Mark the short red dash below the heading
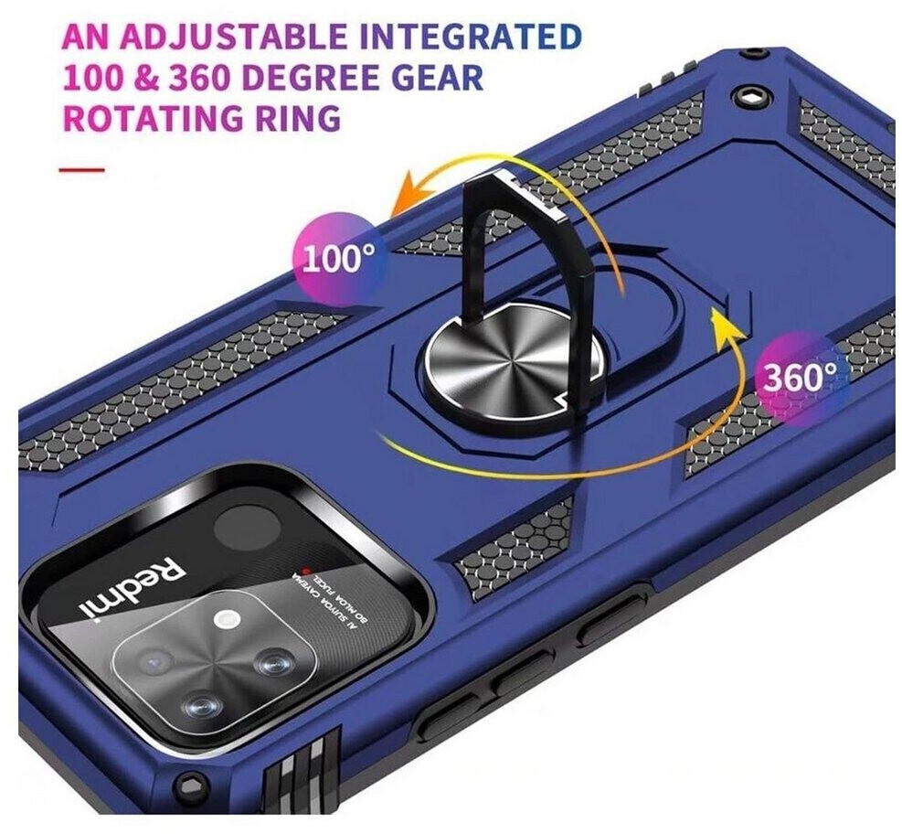[x=81, y=170]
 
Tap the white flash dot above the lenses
[x=221, y=620]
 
